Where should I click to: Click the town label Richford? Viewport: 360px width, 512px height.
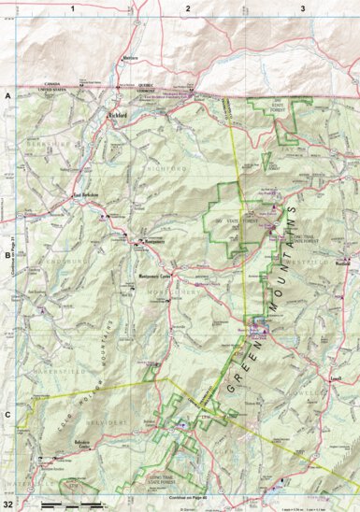coord(117,115)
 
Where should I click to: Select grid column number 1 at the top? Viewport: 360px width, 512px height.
coord(71,7)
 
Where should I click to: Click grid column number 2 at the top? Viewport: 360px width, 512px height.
coord(187,7)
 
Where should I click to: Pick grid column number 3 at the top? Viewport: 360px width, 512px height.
coord(302,7)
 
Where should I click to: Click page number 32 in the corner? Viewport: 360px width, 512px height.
coord(8,504)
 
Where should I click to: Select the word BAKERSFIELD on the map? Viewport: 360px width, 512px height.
coord(37,371)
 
